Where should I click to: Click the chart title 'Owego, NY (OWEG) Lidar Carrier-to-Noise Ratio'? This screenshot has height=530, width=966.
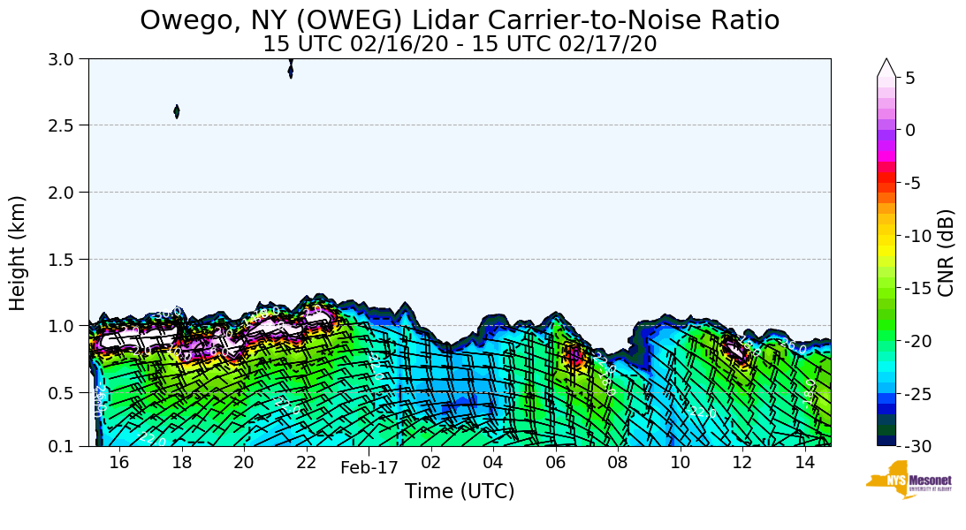[460, 19]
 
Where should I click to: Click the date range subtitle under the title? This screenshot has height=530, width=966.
[460, 44]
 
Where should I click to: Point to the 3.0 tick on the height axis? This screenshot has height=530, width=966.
[67, 59]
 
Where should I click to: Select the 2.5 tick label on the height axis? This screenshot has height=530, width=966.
[67, 125]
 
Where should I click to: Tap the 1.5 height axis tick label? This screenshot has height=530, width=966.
[67, 259]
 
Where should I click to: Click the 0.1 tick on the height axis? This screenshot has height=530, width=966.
[67, 447]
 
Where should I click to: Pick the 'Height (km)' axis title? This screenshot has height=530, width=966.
[19, 253]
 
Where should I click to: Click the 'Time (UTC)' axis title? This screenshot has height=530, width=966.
[460, 491]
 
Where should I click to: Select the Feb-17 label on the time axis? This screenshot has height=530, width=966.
[369, 468]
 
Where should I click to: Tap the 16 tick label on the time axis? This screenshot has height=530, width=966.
[119, 462]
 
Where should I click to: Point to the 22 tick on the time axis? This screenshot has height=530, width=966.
[307, 462]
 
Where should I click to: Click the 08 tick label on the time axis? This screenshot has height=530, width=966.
[618, 462]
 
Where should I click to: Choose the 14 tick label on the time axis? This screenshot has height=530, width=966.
[804, 462]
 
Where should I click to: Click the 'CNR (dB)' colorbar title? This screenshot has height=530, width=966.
[946, 253]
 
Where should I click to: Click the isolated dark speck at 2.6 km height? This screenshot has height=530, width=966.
[177, 111]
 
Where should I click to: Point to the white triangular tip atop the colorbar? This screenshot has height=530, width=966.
[886, 68]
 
